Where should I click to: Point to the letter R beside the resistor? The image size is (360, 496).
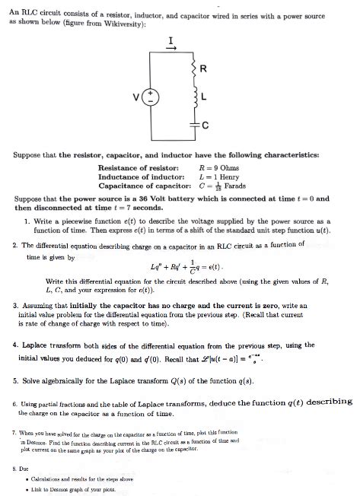point(202,69)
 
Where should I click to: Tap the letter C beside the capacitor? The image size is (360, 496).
point(202,126)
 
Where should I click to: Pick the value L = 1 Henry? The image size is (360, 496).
point(221,176)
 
